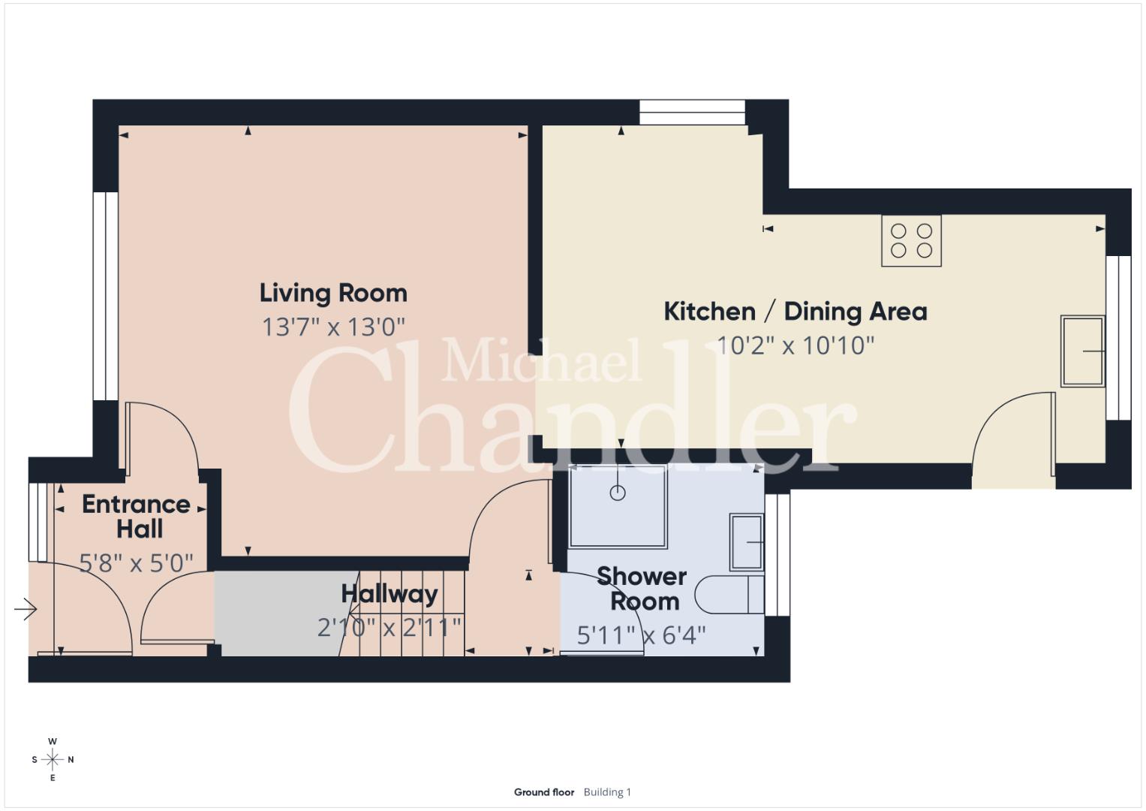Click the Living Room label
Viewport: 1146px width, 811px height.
[333, 294]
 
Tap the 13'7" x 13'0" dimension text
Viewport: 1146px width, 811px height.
[333, 327]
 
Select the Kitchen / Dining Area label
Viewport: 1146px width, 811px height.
[795, 312]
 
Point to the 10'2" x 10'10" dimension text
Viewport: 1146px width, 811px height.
[795, 345]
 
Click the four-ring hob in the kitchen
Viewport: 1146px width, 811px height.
[911, 240]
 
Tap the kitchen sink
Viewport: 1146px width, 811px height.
[1082, 350]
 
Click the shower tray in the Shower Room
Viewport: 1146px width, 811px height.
[618, 506]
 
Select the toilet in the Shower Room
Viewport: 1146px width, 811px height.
[729, 595]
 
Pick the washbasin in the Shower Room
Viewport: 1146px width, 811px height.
[747, 542]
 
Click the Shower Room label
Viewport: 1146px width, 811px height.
[643, 589]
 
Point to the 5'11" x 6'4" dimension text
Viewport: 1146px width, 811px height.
[641, 635]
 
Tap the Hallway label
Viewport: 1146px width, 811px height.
[390, 595]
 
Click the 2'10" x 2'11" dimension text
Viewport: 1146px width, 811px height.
[390, 628]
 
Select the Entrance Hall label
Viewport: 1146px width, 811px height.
[137, 517]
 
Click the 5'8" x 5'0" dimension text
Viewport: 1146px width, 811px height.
[136, 563]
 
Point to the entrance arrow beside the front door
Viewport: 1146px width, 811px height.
[26, 609]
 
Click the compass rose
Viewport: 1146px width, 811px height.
[53, 759]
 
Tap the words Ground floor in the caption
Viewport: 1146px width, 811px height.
[544, 792]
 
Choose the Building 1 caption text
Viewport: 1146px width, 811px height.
[607, 792]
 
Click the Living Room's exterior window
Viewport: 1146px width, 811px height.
[105, 296]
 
